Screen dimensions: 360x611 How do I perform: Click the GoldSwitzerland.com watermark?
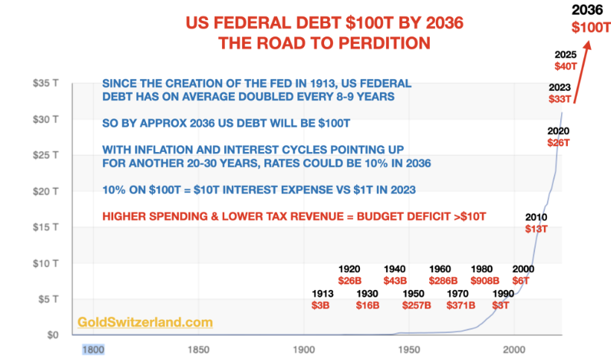[145, 323]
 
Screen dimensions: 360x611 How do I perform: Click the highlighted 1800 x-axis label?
[92, 348]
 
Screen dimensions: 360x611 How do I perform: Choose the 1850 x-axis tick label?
[198, 348]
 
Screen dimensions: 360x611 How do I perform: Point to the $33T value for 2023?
[560, 98]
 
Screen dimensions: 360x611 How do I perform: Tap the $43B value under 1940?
[394, 281]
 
